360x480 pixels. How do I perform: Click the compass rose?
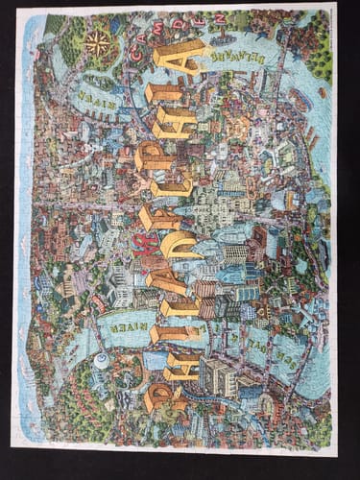[x=96, y=42]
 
